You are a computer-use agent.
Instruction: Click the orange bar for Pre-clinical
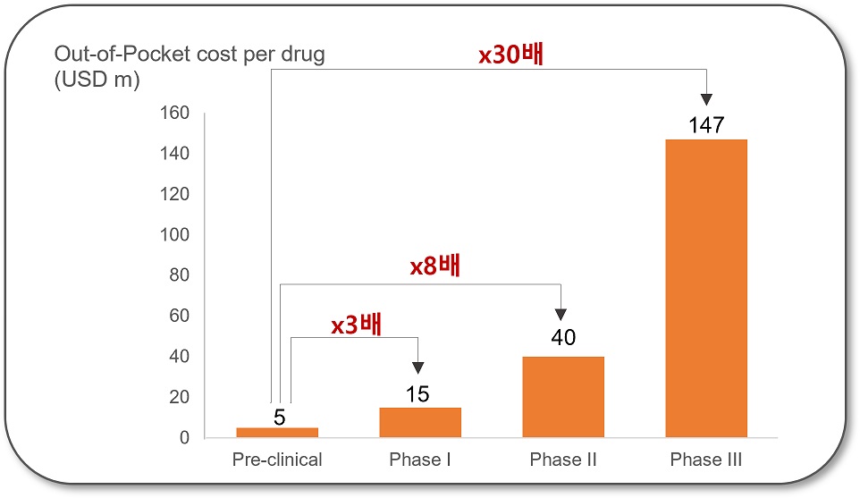pyautogui.click(x=277, y=433)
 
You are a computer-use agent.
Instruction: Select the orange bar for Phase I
pyautogui.click(x=420, y=422)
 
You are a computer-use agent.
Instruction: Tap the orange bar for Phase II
pyautogui.click(x=563, y=397)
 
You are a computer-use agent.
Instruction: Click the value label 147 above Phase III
pyautogui.click(x=706, y=125)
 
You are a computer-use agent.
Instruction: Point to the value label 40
pyautogui.click(x=563, y=338)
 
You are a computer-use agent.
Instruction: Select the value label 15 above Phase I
pyautogui.click(x=417, y=394)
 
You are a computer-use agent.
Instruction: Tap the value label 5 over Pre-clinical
pyautogui.click(x=279, y=417)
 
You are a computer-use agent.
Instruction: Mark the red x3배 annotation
pyautogui.click(x=356, y=325)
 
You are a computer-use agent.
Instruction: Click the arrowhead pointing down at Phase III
pyautogui.click(x=706, y=99)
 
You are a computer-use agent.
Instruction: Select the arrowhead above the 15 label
pyautogui.click(x=417, y=367)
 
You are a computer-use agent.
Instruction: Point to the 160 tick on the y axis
pyautogui.click(x=174, y=114)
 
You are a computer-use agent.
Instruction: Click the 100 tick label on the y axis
pyautogui.click(x=174, y=235)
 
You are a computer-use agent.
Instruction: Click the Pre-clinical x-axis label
pyautogui.click(x=277, y=460)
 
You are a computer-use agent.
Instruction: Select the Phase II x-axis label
pyautogui.click(x=563, y=460)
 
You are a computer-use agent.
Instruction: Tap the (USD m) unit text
pyautogui.click(x=97, y=80)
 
